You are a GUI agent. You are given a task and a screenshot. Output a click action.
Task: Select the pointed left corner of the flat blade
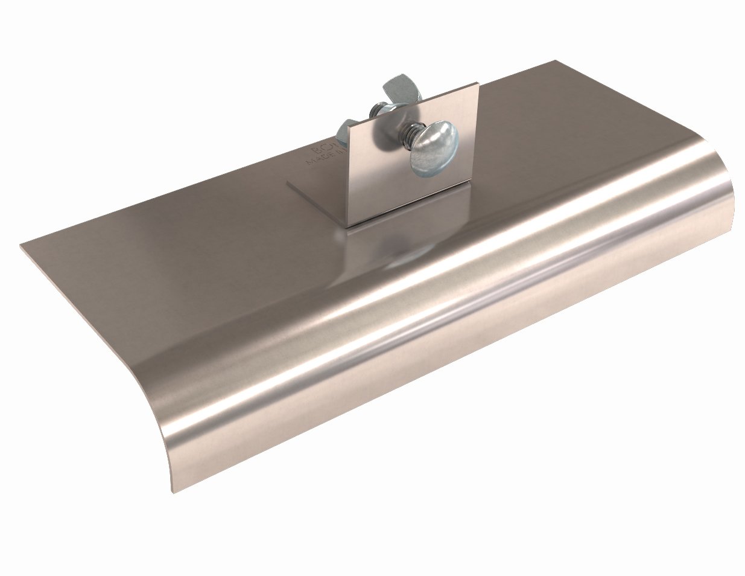click(x=21, y=244)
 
